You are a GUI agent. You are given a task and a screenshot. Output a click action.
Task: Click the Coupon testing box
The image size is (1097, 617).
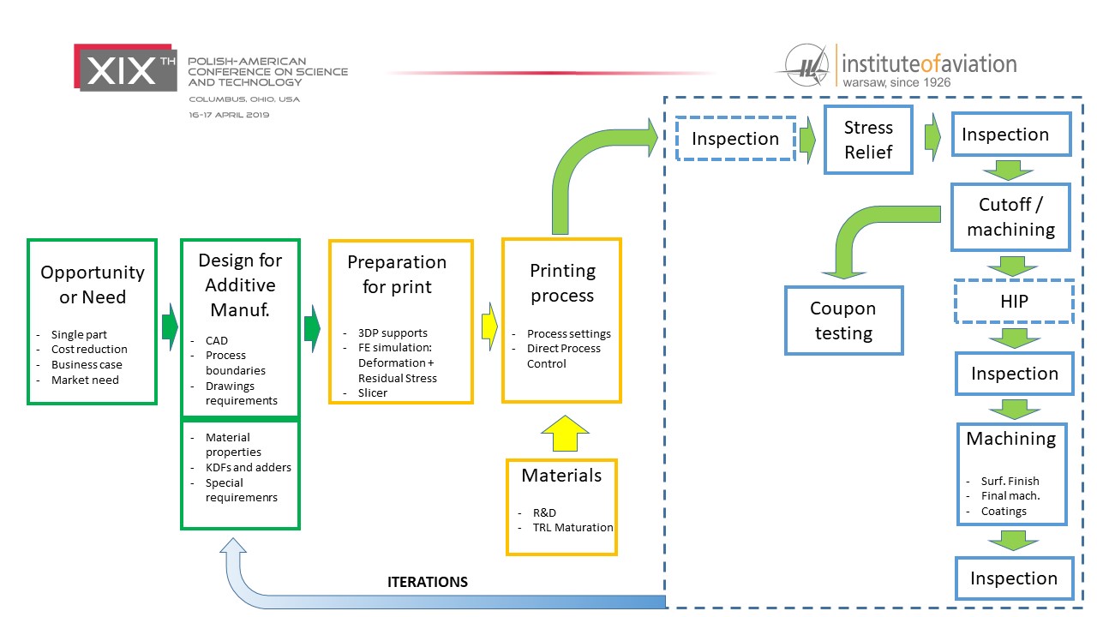[x=843, y=320]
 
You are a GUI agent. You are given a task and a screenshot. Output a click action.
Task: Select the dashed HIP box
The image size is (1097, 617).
[x=1014, y=303]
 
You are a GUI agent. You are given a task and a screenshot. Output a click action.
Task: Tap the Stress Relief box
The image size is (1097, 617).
[x=868, y=140]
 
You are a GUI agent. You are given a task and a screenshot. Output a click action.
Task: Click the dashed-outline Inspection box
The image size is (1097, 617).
[x=734, y=139]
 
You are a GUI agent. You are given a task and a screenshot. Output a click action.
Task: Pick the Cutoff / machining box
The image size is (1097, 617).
[x=1010, y=217]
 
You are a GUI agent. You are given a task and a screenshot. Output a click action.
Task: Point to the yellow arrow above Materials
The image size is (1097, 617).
[x=562, y=433]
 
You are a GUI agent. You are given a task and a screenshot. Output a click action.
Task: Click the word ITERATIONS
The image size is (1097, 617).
[x=428, y=582]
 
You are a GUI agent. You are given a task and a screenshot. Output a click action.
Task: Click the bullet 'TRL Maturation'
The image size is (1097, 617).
[x=572, y=528]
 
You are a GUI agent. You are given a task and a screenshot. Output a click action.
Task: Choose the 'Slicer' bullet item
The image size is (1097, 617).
[x=373, y=392]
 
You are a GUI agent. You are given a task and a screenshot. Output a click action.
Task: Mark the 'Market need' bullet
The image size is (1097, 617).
[x=85, y=380]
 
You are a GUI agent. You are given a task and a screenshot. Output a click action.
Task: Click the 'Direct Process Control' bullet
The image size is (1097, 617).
[x=563, y=356]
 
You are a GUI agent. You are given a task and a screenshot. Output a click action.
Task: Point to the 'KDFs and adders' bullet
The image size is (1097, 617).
[x=248, y=467]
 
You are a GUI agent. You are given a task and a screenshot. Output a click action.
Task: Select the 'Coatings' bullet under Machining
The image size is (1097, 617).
[x=1004, y=511]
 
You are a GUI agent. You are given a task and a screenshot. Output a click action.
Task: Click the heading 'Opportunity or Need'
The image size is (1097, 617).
[x=93, y=285]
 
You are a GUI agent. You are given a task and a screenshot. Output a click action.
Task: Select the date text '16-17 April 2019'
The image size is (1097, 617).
[x=229, y=115]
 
